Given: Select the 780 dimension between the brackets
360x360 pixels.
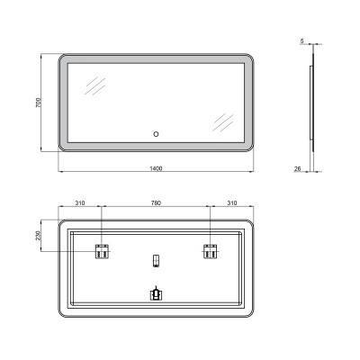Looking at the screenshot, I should tap(157, 202).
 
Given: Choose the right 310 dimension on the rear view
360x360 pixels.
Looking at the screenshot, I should tap(232, 202).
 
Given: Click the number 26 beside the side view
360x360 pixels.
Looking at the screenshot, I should tap(296, 166).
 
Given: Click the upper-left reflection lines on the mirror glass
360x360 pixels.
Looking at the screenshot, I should tap(94, 86).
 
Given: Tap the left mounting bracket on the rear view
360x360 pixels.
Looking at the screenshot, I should tap(103, 252).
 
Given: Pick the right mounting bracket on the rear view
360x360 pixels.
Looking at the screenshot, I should tap(211, 252).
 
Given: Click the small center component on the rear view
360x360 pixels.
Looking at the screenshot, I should tap(157, 262).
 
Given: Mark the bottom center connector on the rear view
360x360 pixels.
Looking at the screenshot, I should tap(157, 292).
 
